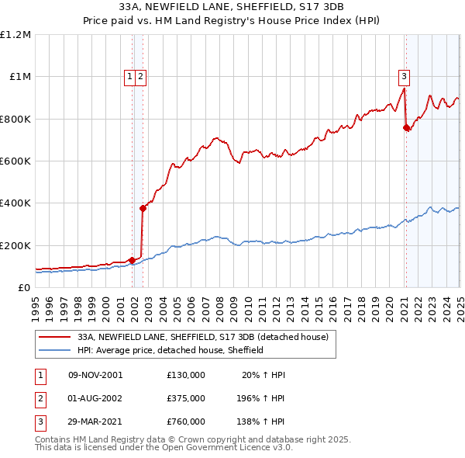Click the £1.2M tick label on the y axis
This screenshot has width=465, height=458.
coord(15,35)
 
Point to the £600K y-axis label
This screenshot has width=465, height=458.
coord(15,161)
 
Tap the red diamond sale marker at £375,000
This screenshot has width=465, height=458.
coord(143,208)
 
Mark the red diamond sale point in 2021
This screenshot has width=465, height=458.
coord(406,128)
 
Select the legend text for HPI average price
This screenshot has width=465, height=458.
coord(170,350)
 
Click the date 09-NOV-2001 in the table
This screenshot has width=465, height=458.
coord(95,375)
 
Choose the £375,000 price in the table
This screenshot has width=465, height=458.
coord(186,398)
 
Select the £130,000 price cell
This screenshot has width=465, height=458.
coord(186,375)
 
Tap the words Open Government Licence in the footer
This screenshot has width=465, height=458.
coord(232,448)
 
